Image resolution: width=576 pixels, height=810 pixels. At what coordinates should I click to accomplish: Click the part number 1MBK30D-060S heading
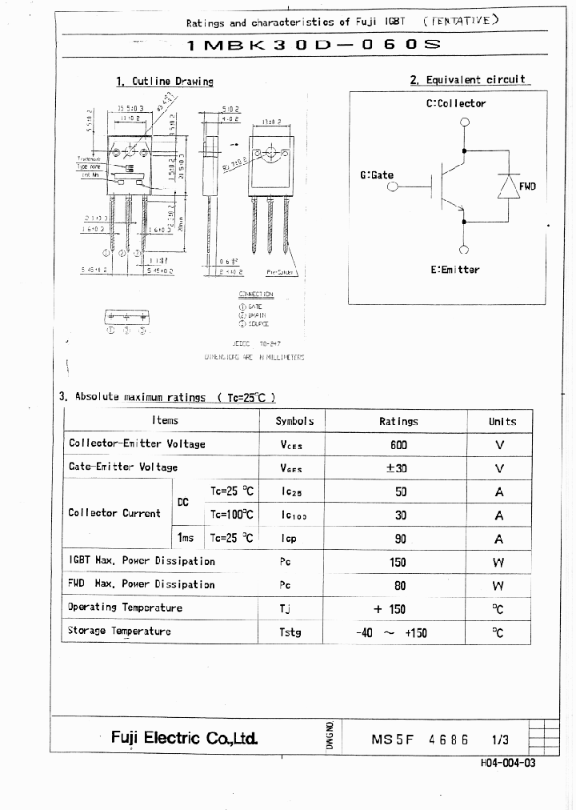[314, 45]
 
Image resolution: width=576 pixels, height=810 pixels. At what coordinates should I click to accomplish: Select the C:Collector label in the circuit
[455, 103]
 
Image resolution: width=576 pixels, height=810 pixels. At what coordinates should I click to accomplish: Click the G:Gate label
[377, 175]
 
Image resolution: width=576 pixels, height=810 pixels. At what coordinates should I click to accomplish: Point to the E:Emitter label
[454, 270]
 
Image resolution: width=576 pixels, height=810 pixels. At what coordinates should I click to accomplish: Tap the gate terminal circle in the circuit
[392, 187]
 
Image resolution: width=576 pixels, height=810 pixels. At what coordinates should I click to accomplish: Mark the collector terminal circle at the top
[464, 122]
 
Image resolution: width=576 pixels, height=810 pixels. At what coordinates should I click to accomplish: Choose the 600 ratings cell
[398, 444]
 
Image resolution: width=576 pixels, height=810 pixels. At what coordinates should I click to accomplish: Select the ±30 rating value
[398, 468]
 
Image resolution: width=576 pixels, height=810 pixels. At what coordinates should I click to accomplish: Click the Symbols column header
[294, 421]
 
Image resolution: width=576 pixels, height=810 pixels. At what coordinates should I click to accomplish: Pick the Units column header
[502, 421]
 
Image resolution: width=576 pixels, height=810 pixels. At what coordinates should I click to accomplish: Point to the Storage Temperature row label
[119, 631]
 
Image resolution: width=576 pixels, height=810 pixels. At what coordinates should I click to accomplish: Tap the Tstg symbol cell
[290, 632]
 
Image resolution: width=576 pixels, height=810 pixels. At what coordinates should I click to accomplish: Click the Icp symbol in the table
[290, 539]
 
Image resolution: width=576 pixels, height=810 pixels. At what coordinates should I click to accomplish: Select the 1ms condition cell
[186, 539]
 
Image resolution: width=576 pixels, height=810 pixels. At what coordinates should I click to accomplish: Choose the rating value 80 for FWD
[398, 585]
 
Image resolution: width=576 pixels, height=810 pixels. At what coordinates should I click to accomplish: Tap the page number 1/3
[501, 740]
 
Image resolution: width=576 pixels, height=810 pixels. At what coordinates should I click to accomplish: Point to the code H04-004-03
[509, 763]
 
